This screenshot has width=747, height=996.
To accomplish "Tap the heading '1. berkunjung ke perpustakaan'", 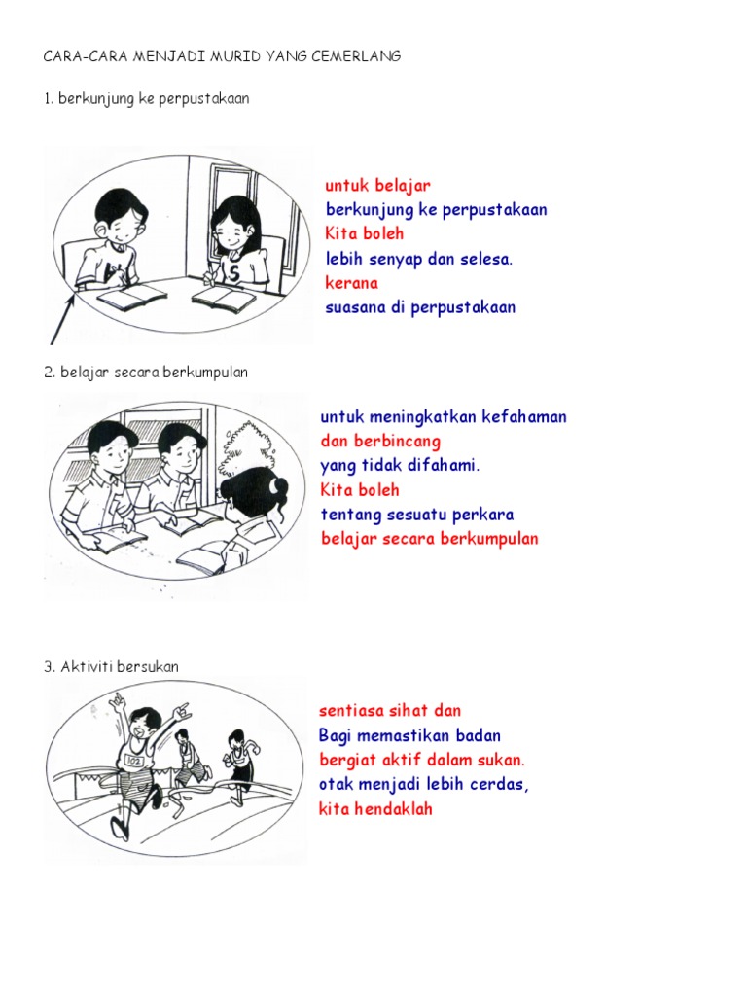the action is [147, 99].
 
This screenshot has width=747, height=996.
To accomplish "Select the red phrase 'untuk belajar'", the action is [378, 186].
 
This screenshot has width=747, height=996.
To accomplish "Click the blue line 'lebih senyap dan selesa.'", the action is [418, 259].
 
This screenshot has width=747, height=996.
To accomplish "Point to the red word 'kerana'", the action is [351, 283].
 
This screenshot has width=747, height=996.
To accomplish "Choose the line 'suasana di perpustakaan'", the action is [420, 307].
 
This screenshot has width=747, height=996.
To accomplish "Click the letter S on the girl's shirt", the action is [234, 274].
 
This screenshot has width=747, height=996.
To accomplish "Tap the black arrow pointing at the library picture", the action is [63, 318].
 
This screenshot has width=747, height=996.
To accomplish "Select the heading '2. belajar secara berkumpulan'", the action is [146, 373].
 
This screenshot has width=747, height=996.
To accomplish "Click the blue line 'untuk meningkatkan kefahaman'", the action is [444, 416].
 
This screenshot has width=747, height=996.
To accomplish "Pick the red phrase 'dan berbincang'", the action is [380, 441].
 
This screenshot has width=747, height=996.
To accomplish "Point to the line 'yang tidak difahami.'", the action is [400, 466].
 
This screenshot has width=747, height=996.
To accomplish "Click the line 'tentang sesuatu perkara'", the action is [417, 515].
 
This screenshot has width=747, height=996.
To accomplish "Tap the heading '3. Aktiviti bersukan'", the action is [112, 667].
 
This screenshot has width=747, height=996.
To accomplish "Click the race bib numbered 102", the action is [134, 761].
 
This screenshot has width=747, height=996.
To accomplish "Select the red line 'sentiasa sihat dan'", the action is [390, 711].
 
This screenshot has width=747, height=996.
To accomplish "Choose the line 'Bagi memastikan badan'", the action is [409, 735].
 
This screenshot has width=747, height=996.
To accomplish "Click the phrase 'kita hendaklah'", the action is [375, 808].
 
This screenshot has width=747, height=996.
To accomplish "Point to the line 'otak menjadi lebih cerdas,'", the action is [424, 785].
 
